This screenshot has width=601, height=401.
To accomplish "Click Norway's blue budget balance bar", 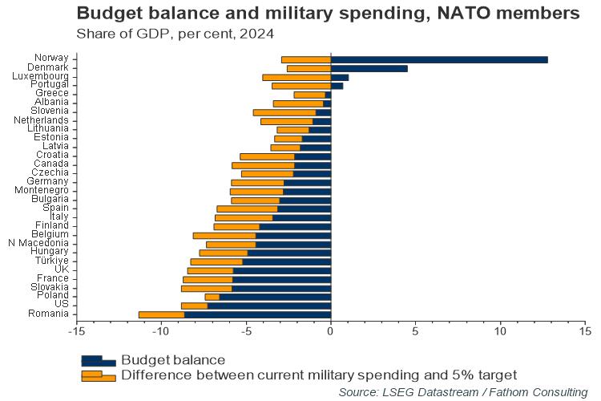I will coord(439,59).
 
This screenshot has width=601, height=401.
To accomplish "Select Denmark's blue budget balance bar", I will coord(369,68).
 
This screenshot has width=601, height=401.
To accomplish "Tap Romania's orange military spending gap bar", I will coord(161,314).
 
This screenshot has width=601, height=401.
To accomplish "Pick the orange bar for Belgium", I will coord(224,235).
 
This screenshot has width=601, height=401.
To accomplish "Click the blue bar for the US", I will coord(269,305).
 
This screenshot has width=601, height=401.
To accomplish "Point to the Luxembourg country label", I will coord(40,76).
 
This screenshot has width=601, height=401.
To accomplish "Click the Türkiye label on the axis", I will coord(51,261).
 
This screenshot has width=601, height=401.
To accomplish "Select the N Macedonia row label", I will coord(38,243).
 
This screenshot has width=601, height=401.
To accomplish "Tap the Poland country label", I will coord(54,296).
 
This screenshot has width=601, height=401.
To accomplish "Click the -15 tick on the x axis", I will coord(76,330).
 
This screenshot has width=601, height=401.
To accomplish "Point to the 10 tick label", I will coord(500,330).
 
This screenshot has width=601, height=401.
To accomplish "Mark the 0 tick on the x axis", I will coord(330,330).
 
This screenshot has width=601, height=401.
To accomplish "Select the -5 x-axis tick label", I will coord(245,330).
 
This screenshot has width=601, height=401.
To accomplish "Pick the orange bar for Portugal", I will coord(301,85).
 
